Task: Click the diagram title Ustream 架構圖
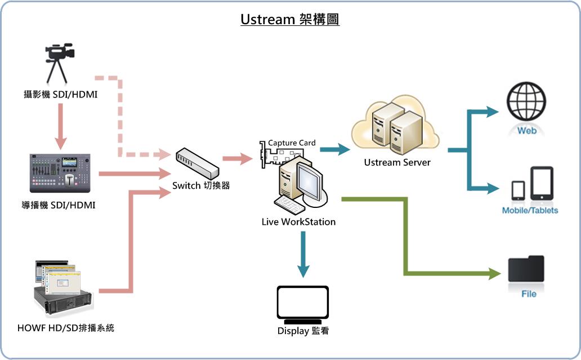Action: pos(290,19)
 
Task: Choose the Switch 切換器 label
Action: pos(201,185)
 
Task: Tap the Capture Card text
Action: pos(292,143)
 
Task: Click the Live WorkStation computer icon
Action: pos(298,183)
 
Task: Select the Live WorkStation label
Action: pos(298,222)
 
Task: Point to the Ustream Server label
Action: pos(397,162)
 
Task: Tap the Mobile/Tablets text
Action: pos(530,210)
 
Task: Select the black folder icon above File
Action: pos(526,269)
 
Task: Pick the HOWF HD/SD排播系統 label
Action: pos(66,327)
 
